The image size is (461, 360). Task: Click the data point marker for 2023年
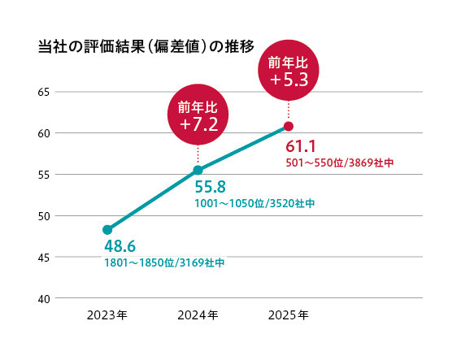(x=107, y=230)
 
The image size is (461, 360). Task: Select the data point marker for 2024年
(x=198, y=170)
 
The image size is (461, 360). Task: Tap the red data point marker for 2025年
(x=288, y=126)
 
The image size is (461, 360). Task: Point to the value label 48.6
(x=120, y=245)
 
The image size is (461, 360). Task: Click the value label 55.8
(x=210, y=187)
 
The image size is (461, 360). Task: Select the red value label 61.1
(x=301, y=145)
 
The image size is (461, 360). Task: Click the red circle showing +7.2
(x=198, y=115)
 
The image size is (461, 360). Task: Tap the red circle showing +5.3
(x=289, y=72)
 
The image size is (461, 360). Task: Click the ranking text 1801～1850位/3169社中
(x=163, y=262)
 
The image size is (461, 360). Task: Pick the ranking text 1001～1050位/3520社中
(x=254, y=203)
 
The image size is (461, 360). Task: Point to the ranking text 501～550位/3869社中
(x=339, y=163)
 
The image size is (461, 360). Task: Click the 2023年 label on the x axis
(x=107, y=314)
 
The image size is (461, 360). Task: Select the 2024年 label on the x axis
(x=198, y=314)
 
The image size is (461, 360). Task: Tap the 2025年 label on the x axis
(x=288, y=314)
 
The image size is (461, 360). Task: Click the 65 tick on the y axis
(x=44, y=92)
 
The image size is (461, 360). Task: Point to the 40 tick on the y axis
(x=44, y=298)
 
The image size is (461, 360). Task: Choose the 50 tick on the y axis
(x=44, y=215)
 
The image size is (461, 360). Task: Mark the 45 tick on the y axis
(x=44, y=257)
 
